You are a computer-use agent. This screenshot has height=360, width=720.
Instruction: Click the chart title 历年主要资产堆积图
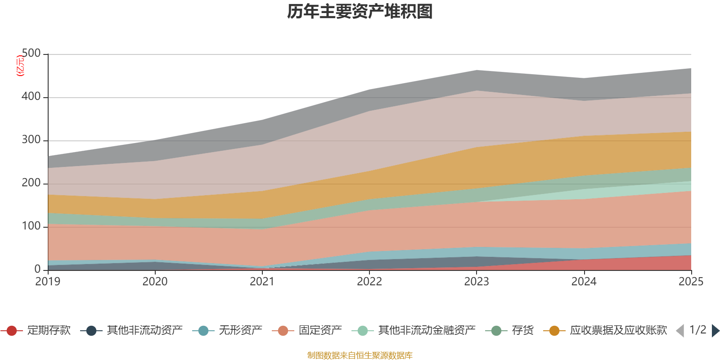click(x=360, y=12)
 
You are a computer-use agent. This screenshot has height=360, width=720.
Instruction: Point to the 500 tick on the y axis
click(x=31, y=54)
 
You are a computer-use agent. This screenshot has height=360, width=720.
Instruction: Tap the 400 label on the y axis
click(x=31, y=97)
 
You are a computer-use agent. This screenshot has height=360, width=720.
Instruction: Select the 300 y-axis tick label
click(x=31, y=140)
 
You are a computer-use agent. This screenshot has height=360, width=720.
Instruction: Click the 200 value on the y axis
click(x=31, y=183)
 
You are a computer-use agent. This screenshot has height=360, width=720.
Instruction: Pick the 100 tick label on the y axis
click(x=31, y=226)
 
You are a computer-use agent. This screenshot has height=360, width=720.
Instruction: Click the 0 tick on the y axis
click(x=38, y=269)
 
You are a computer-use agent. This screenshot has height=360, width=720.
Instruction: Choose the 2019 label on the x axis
click(x=48, y=282)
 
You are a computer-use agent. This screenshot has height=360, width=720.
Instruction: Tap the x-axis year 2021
click(x=262, y=282)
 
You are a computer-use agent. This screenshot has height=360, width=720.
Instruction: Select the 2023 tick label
click(x=477, y=282)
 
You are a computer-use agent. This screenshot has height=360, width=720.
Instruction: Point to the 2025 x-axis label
click(x=691, y=282)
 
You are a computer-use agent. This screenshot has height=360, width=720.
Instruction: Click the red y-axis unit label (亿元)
click(x=20, y=66)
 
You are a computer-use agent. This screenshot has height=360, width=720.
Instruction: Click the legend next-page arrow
click(x=715, y=331)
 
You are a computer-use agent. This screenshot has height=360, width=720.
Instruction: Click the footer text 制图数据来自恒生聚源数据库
click(x=360, y=355)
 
